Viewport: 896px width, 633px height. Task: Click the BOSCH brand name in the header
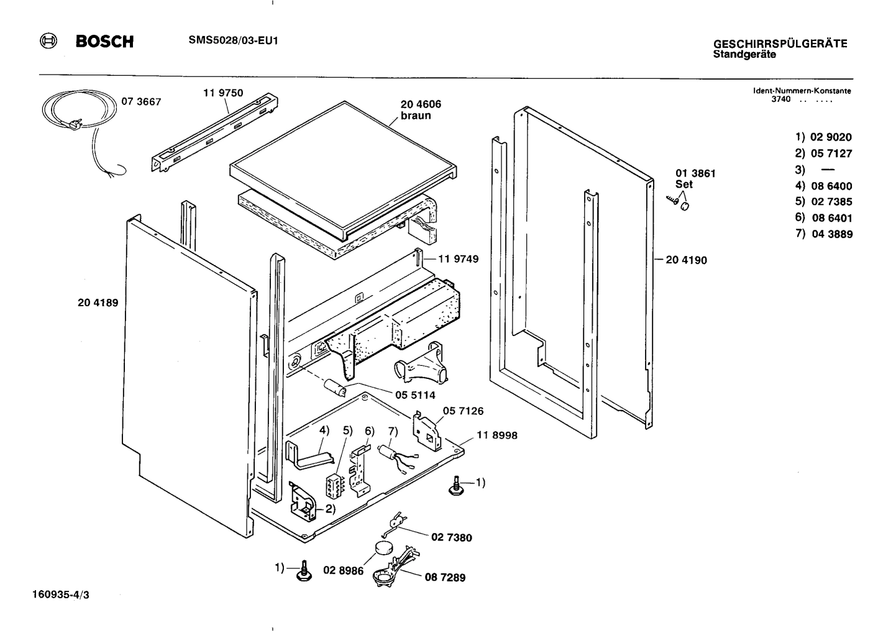pos(104,42)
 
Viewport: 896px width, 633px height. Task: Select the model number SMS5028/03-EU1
pos(232,41)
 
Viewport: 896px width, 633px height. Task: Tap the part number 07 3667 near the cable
pos(141,102)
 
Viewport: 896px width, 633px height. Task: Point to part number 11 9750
pos(223,93)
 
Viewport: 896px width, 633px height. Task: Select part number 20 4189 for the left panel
pos(98,303)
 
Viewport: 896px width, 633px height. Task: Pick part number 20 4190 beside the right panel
pos(686,260)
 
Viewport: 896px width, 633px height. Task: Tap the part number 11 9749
pos(459,259)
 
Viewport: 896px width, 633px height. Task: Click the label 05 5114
pos(415,395)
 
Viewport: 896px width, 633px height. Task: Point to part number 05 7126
pos(463,411)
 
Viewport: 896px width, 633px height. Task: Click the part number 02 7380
pos(451,537)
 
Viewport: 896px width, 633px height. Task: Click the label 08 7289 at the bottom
pos(445,578)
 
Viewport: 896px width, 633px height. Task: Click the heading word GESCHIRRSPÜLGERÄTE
pos(780,44)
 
